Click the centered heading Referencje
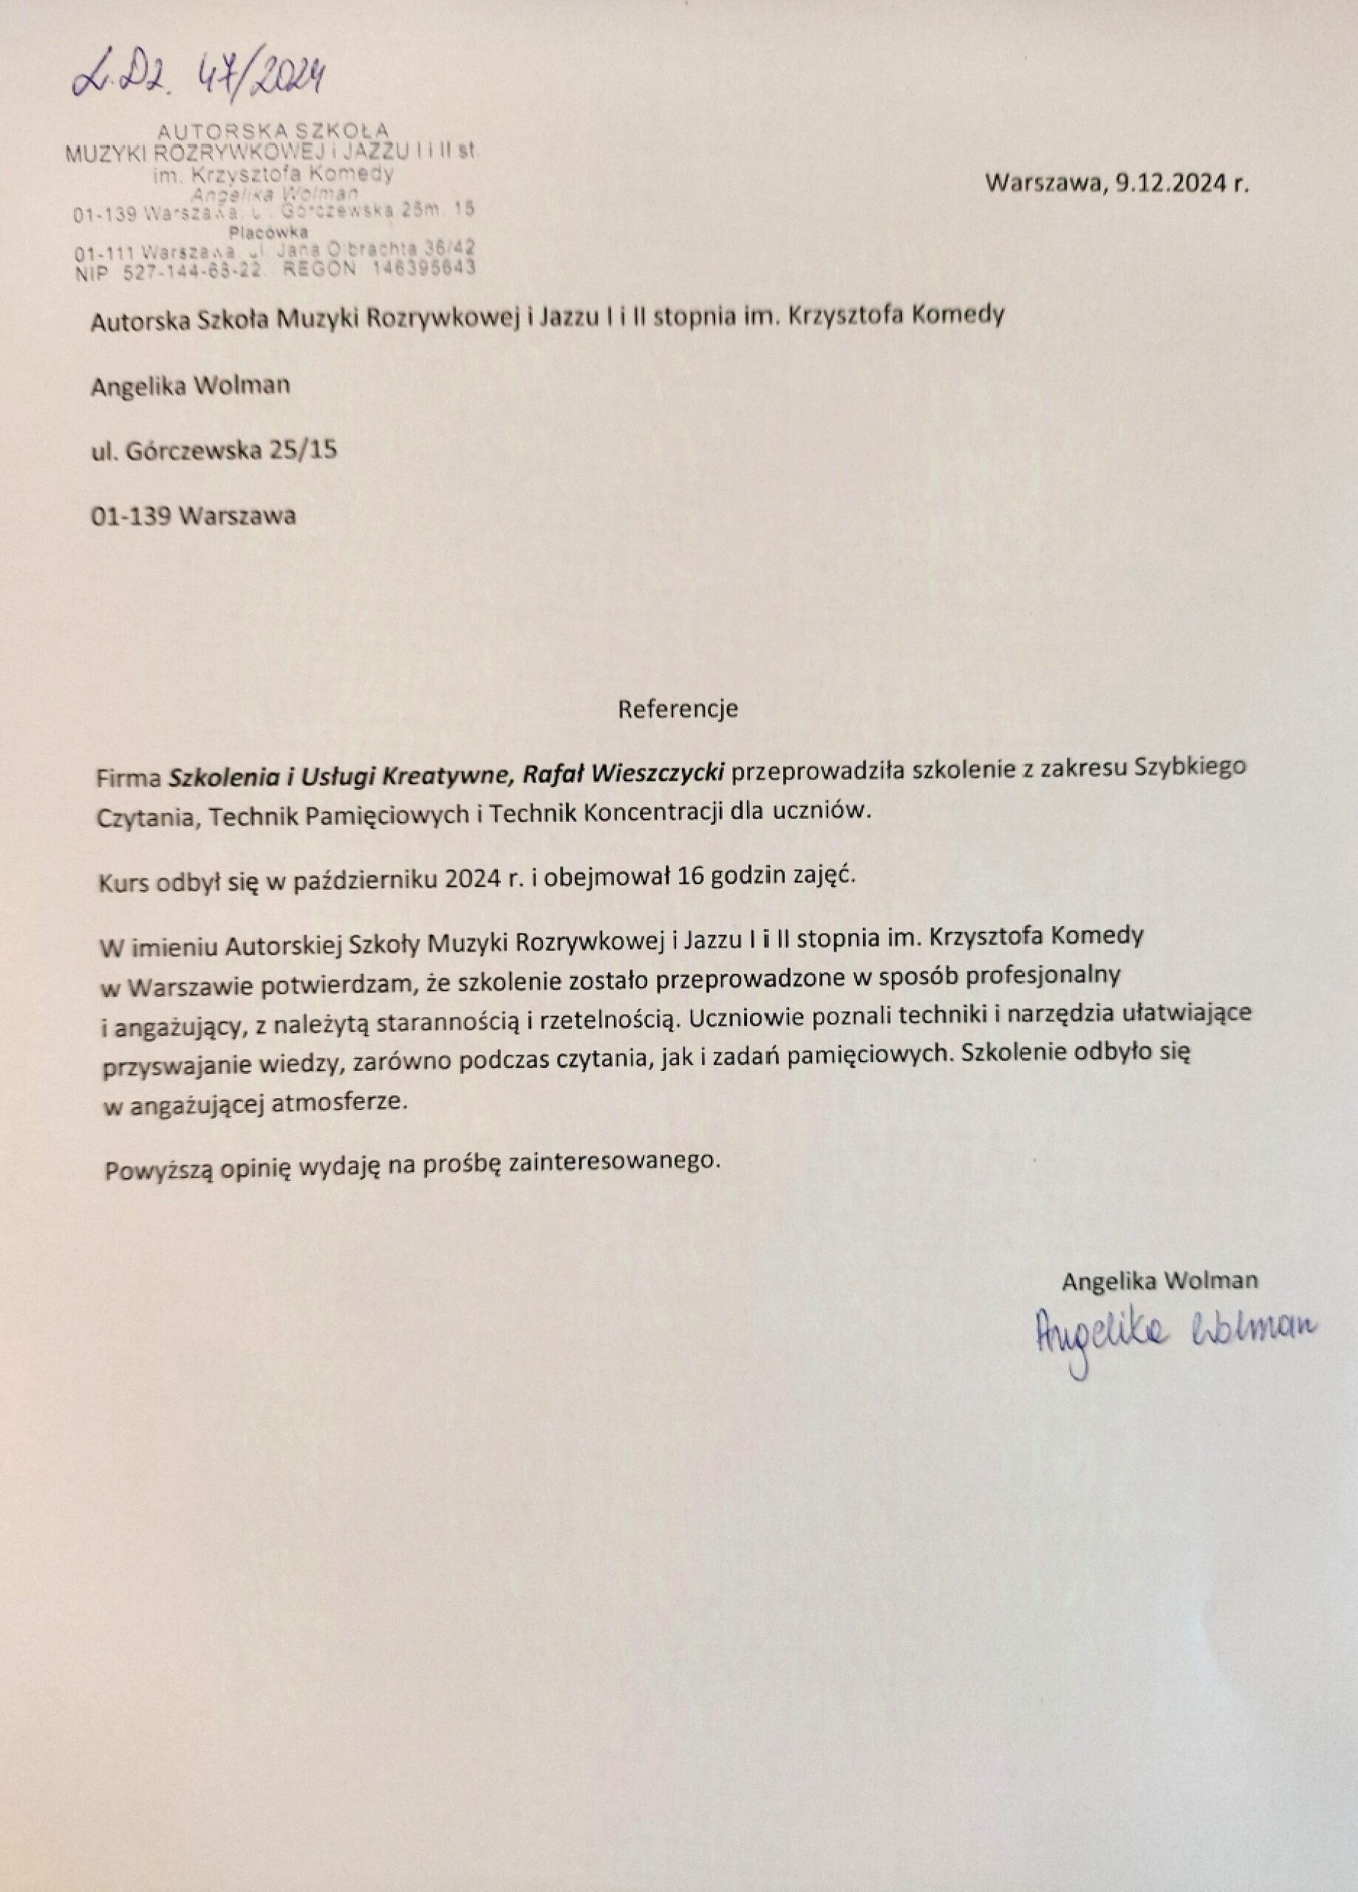tap(678, 709)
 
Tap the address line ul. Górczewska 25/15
tap(214, 451)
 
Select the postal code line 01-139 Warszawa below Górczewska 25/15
tap(194, 516)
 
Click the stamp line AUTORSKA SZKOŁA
tap(273, 130)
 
